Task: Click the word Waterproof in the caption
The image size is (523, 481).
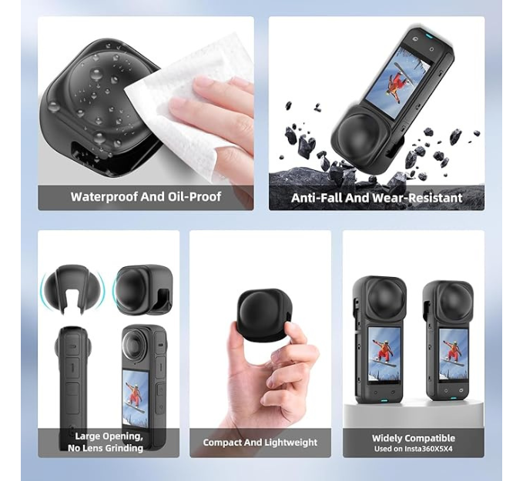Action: point(104,197)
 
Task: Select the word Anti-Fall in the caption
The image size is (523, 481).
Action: point(317,198)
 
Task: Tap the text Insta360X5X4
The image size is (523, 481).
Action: point(428,449)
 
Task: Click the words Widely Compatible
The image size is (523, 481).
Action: point(414,438)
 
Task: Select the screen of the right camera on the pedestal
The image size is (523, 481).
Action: point(452,354)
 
